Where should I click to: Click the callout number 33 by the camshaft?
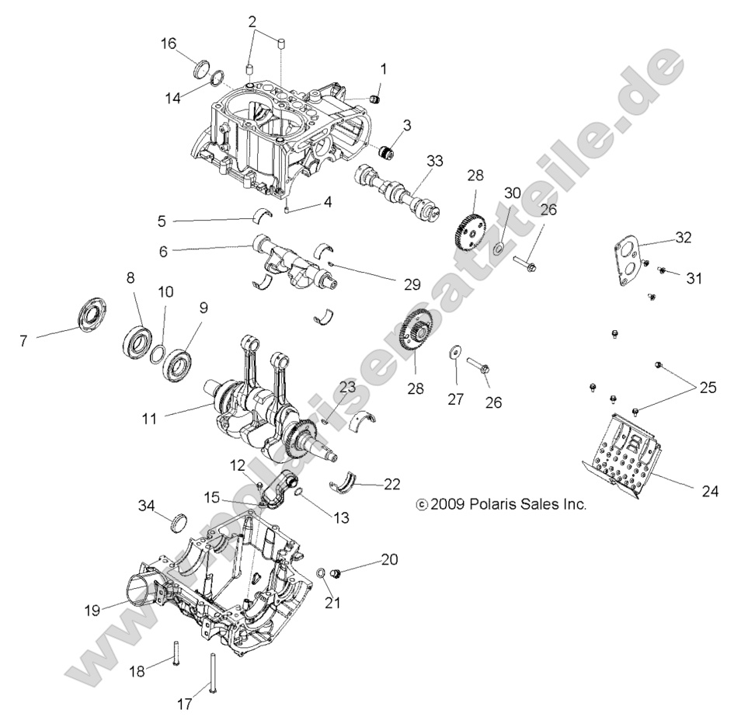pos(435,162)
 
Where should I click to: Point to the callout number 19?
pos(92,611)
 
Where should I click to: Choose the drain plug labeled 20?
pos(336,573)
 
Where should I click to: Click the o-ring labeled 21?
pos(320,573)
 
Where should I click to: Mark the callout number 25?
pos(708,386)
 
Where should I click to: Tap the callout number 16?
pos(169,44)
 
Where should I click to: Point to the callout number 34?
pos(146,506)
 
